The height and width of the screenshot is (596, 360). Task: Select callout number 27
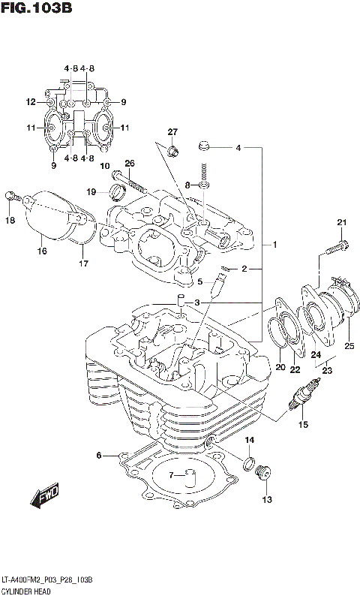coord(172,133)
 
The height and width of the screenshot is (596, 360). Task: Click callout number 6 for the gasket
coord(98,456)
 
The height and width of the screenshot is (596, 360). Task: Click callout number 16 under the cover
coord(42,251)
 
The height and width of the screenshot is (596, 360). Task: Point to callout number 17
coord(83,263)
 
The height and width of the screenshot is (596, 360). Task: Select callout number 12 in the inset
coord(31,102)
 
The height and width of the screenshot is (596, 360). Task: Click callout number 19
coord(91,191)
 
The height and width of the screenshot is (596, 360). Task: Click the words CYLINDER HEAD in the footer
coord(23,590)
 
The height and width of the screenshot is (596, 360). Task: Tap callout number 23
coord(327,369)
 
